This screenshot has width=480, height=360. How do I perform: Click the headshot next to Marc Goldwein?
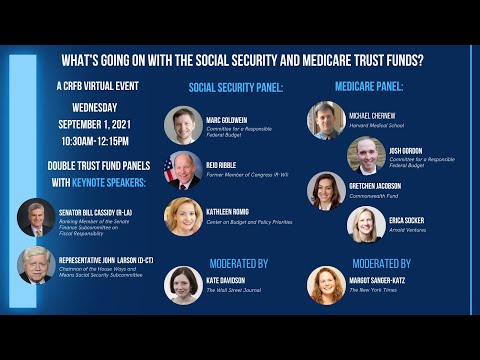(183, 125)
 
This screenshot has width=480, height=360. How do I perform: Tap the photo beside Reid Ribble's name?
(183, 170)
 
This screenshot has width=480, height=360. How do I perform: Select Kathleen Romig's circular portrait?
(183, 215)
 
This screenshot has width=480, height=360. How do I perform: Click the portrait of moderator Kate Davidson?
(183, 284)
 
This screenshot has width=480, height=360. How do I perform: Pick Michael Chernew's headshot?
(326, 120)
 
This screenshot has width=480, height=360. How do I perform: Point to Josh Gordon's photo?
(367, 155)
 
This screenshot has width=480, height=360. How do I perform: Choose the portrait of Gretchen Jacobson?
(326, 190)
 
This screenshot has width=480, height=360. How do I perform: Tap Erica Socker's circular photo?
(366, 224)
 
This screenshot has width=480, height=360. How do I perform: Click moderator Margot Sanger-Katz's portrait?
(326, 284)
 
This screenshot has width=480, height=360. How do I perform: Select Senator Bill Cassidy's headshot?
(36, 217)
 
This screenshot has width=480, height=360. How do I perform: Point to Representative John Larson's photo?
(36, 265)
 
